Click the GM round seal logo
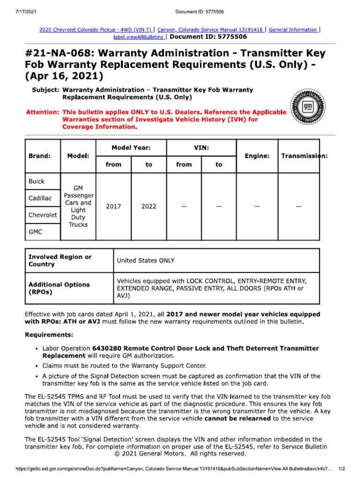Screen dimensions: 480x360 [307, 105]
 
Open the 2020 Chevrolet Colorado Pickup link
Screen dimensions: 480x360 [96, 30]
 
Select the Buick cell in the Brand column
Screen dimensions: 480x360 [37, 181]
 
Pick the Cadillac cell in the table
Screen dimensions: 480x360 [40, 198]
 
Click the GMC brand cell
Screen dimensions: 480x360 [36, 232]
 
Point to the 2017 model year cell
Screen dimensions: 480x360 [113, 206]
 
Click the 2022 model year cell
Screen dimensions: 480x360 [149, 206]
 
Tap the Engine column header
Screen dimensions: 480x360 [257, 156]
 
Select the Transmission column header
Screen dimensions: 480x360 [304, 156]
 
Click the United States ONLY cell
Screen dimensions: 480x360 [145, 261]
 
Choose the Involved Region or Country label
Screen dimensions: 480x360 [60, 261]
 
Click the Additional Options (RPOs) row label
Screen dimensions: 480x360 [59, 288]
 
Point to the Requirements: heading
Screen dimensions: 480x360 [49, 335]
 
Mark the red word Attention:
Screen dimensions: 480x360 [42, 112]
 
